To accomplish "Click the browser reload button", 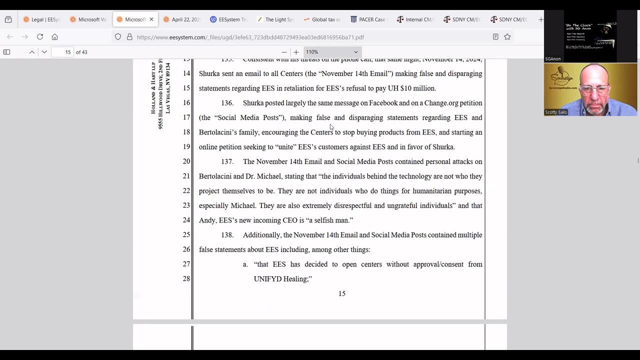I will (40, 36).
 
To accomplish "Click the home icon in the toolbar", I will (55, 36).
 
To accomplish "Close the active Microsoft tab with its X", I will (151, 19).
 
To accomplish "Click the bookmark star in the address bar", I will (507, 36).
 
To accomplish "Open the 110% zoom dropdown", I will (332, 52).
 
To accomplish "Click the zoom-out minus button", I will (284, 52).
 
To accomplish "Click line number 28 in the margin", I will (186, 278).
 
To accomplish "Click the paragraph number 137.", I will (227, 161).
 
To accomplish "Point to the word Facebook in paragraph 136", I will (383, 103).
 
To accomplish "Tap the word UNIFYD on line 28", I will (266, 278).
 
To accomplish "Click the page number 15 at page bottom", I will (342, 293).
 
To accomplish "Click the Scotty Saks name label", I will (556, 112).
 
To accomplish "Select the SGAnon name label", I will (553, 59).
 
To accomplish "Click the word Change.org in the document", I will (442, 103).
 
